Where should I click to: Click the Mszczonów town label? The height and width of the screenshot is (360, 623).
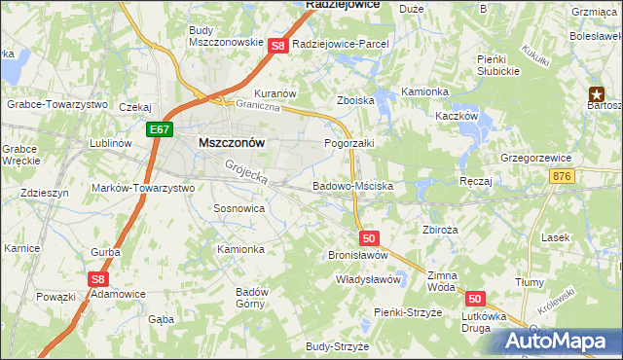tap(232, 141)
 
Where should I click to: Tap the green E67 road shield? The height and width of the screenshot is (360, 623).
tap(161, 128)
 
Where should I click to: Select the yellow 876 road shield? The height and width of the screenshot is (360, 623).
tap(562, 175)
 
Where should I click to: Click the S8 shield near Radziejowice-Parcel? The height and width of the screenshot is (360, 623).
tap(277, 45)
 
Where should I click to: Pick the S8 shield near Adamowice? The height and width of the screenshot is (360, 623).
tap(97, 279)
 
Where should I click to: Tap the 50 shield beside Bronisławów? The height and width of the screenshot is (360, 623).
tap(368, 237)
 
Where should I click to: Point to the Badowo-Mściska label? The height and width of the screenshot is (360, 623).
tap(352, 185)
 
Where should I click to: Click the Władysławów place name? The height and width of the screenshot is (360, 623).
tap(369, 279)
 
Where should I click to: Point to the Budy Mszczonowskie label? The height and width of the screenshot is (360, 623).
tap(226, 36)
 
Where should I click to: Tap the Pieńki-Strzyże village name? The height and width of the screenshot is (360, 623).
tap(409, 311)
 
